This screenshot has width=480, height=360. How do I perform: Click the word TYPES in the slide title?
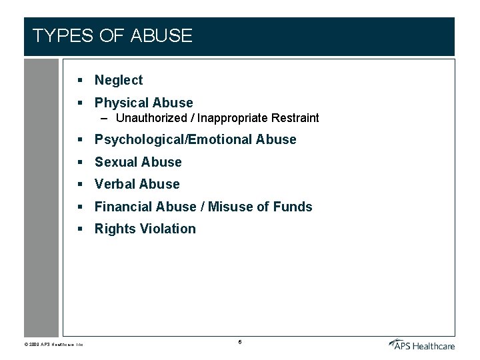coord(62,36)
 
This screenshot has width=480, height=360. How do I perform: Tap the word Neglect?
coord(119,80)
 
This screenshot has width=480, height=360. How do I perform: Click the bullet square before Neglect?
coord(79,80)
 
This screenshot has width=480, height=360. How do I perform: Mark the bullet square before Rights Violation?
coord(79,229)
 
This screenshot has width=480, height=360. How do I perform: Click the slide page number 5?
coord(239,342)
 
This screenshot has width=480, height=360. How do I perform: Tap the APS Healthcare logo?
coord(421,344)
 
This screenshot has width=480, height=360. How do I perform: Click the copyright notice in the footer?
coord(54,345)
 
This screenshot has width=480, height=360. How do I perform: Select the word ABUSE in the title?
coord(162,36)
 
